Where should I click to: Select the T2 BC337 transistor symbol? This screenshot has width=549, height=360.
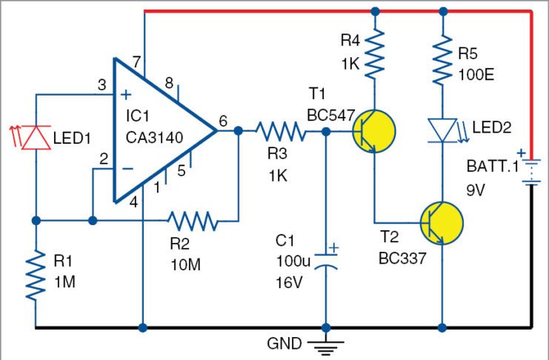point(441,220)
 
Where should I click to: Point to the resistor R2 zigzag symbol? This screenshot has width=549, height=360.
point(193,220)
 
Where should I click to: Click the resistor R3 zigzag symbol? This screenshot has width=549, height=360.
point(281,133)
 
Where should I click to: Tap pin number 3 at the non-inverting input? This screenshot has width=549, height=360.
point(102,85)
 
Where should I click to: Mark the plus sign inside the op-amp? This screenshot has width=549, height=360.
point(126,95)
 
